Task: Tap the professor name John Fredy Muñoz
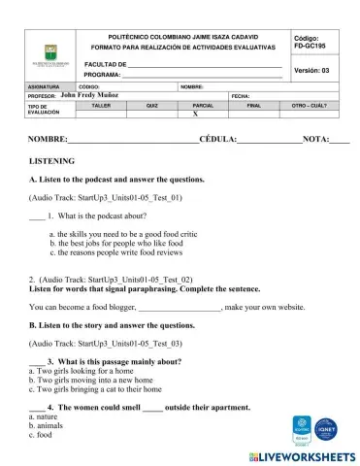[89, 96]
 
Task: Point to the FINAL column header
[254, 104]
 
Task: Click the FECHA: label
[242, 96]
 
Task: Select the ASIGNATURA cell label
[45, 86]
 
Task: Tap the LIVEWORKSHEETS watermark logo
[301, 454]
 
